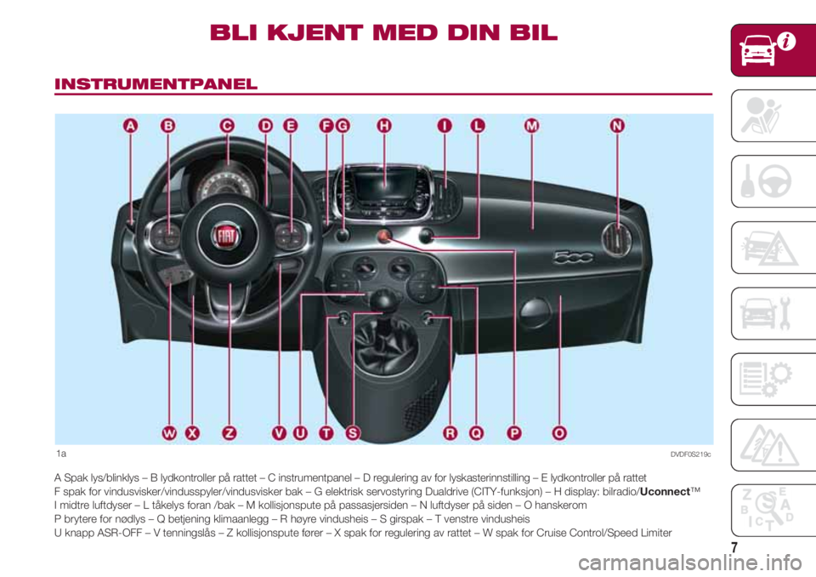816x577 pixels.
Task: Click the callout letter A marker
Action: [x=131, y=126]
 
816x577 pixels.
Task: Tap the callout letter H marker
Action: [x=384, y=126]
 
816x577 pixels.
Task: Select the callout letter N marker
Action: [x=617, y=126]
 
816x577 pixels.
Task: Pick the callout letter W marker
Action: [x=169, y=433]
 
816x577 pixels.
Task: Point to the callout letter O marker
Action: [x=559, y=433]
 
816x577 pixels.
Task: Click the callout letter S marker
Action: [x=353, y=433]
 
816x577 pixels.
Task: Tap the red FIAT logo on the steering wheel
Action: [x=226, y=236]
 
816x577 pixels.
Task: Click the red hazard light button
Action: [x=384, y=236]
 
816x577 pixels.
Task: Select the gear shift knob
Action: [x=384, y=300]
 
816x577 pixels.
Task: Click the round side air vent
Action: [x=617, y=239]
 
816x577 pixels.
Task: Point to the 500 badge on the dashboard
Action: [x=572, y=256]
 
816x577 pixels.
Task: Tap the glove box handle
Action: [x=535, y=311]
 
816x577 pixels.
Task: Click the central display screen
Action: [x=384, y=187]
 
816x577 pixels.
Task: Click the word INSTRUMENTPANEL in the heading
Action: [x=156, y=84]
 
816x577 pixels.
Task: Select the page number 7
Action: [x=734, y=547]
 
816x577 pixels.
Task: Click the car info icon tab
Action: [x=773, y=50]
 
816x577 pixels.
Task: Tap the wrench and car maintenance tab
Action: [x=773, y=313]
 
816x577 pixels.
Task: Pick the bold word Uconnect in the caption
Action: [x=665, y=492]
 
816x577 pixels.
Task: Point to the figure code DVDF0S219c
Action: [x=690, y=454]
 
